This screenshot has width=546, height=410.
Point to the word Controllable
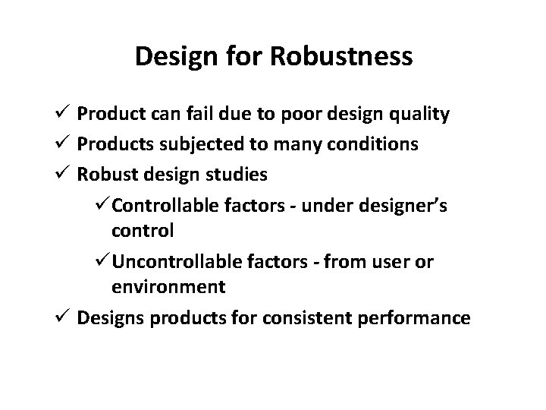(x=165, y=204)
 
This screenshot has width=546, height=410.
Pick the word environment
(x=168, y=287)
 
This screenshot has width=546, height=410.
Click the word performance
(x=421, y=317)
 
